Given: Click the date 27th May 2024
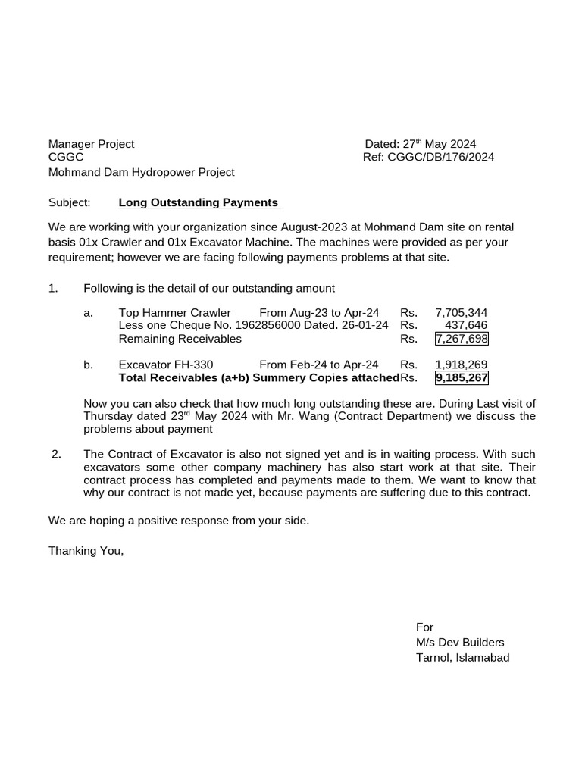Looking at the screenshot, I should tap(439, 144).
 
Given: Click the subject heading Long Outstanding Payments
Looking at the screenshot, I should tap(199, 202).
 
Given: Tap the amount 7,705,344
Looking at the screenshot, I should tap(461, 312).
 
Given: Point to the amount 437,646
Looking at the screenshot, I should tap(465, 325).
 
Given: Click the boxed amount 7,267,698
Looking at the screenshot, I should tap(461, 339).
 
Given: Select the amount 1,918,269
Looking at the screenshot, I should tap(461, 365).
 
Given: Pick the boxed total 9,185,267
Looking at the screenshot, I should tap(461, 377).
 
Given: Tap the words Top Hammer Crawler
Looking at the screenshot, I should tap(174, 312).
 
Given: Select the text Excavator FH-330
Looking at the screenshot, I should tap(166, 365).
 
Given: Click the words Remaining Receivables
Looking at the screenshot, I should tap(180, 339).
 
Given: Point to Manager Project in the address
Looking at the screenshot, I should tap(91, 144).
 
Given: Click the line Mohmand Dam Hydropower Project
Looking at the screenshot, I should tap(141, 172).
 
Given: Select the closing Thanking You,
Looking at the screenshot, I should tap(86, 551).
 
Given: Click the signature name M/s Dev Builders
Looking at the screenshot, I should tap(459, 643).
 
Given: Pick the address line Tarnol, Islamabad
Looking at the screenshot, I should tap(462, 657).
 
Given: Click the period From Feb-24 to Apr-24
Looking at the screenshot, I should tap(318, 365).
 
